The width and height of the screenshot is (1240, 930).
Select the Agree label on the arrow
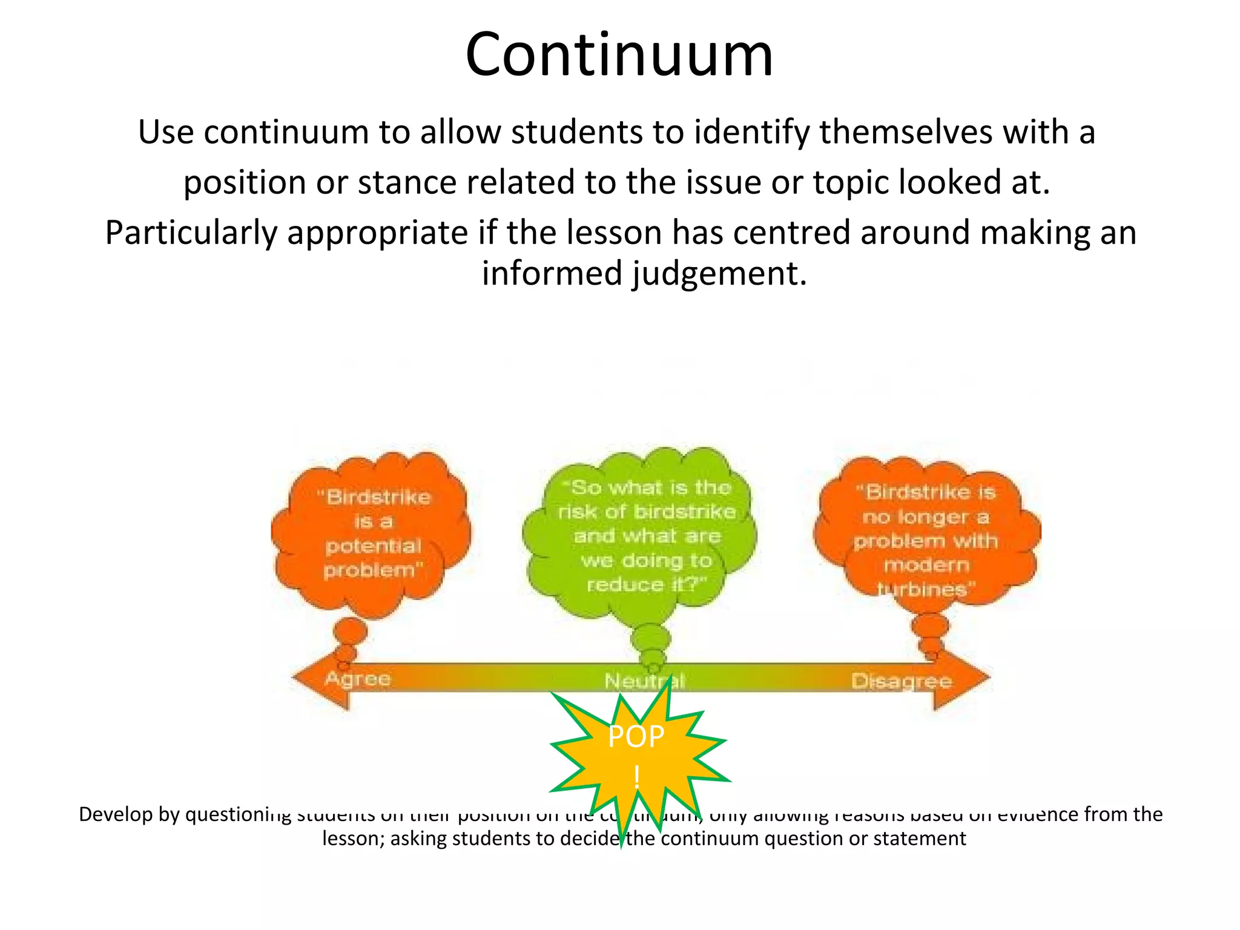[x=358, y=679]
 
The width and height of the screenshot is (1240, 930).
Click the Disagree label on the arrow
[x=902, y=681]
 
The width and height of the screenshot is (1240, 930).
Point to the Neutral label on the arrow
[x=644, y=682]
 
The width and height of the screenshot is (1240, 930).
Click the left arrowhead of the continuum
[x=318, y=679]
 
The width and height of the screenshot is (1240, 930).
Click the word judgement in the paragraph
[x=717, y=273]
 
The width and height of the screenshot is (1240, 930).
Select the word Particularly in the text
[x=191, y=233]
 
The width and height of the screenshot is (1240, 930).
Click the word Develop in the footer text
[x=116, y=814]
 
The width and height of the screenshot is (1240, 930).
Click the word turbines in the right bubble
[x=922, y=589]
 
